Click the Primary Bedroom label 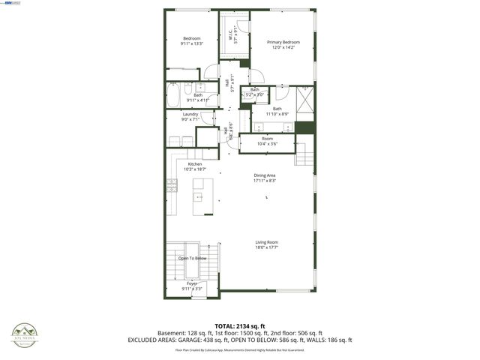click(x=284, y=42)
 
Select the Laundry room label click(x=190, y=114)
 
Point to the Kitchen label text click(x=195, y=164)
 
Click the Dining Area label click(x=265, y=175)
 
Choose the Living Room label click(x=266, y=242)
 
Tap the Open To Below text click(x=192, y=258)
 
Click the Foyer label click(x=192, y=283)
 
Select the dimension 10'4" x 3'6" click(x=267, y=143)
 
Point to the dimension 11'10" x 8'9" click(x=277, y=114)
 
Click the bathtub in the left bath click(x=173, y=94)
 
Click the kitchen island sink click(x=199, y=197)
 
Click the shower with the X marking click(x=305, y=98)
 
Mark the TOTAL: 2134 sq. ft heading click(x=239, y=326)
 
